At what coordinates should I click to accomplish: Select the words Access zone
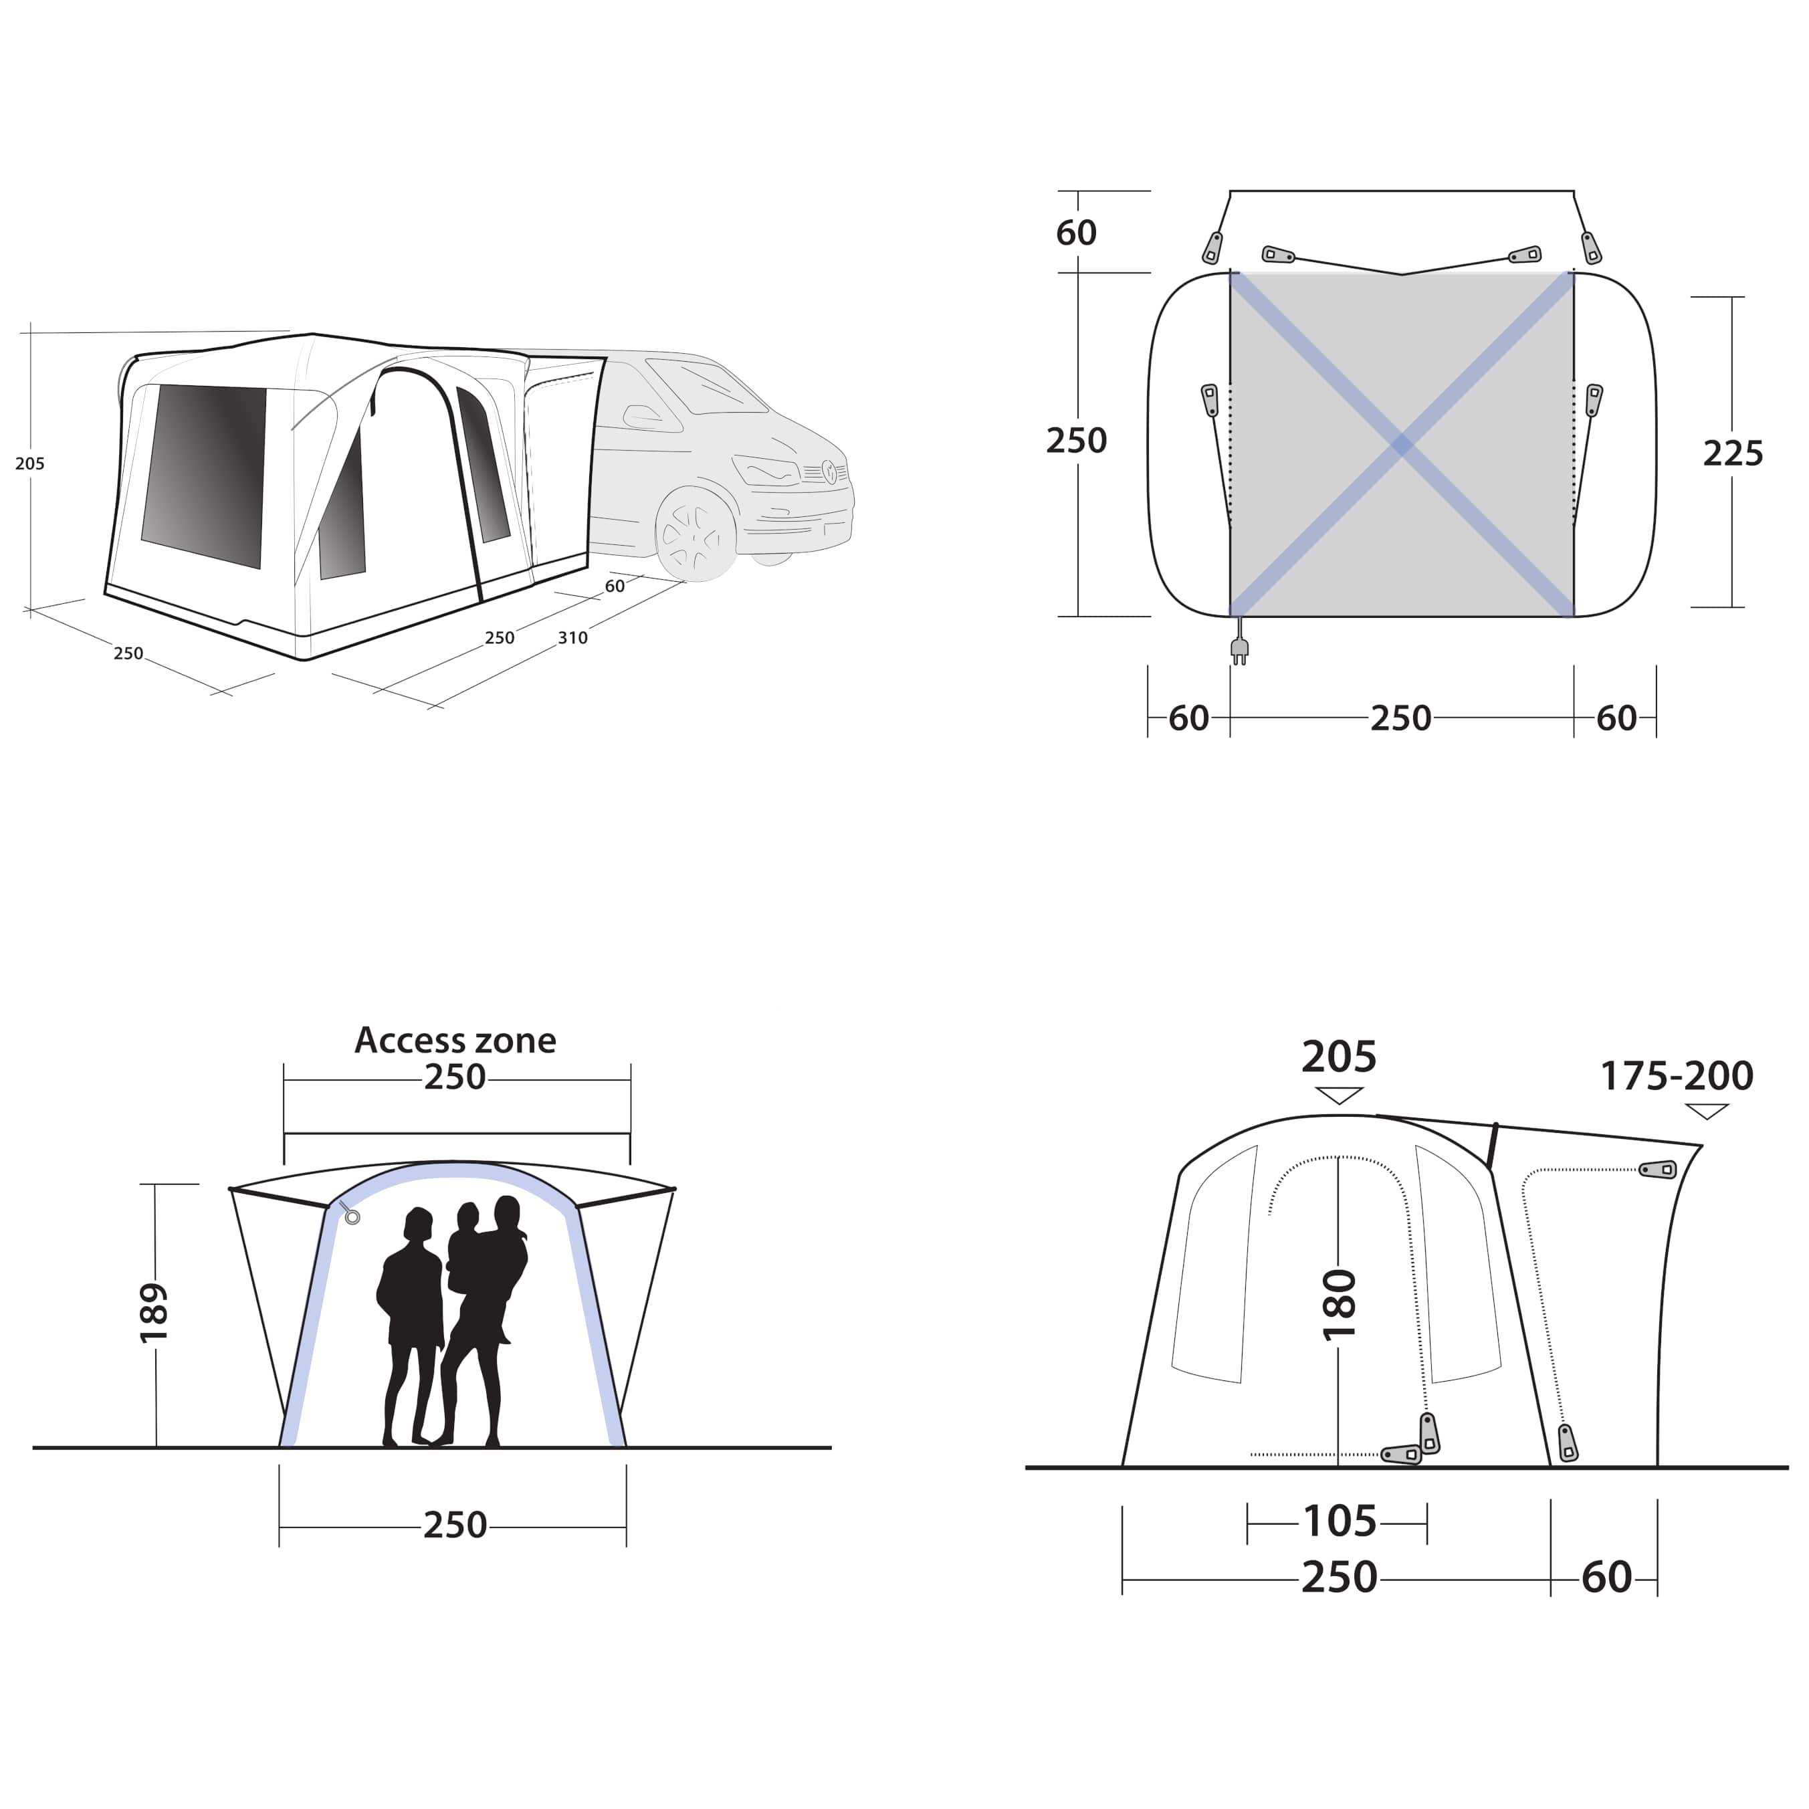(455, 1041)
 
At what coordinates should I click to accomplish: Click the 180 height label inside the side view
(1339, 1305)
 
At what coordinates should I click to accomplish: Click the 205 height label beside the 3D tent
(30, 463)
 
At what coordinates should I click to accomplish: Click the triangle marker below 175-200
(1706, 1111)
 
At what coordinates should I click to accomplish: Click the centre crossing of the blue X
(1402, 445)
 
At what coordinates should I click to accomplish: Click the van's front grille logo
(829, 471)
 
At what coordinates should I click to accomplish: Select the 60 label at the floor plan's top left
(1076, 232)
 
